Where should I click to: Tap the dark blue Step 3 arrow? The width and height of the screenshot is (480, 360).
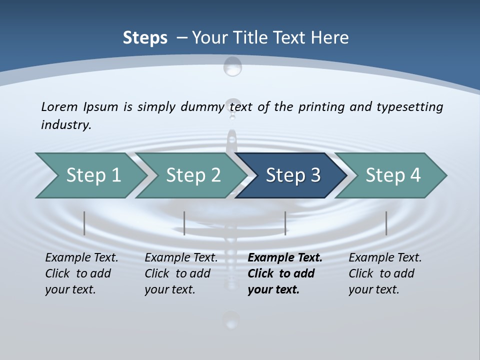pos(293,175)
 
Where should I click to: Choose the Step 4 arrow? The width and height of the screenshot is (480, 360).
pos(393,175)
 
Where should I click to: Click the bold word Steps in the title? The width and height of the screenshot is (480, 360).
pos(145,38)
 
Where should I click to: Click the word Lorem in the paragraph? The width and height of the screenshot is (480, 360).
pos(59,106)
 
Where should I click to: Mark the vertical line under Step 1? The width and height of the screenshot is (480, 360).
pos(84,223)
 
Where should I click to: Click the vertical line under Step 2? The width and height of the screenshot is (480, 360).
pos(184,223)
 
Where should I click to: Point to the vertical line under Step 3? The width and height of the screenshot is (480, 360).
pos(285,223)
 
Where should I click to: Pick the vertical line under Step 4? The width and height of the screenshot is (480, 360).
pos(386,223)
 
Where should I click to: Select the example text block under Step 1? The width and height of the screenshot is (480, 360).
pos(81,273)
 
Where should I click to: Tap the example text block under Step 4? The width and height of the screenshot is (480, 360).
pos(385,273)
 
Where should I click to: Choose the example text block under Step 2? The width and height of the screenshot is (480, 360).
pos(181,273)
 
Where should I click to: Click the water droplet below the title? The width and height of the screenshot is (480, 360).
pos(232,66)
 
